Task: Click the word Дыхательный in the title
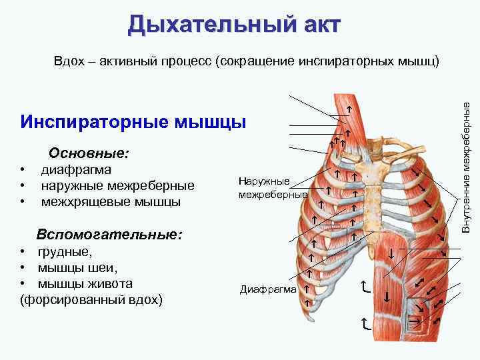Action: click(203, 24)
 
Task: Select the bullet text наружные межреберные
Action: click(118, 185)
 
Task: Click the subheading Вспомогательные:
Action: click(110, 235)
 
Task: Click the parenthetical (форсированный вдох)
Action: click(92, 300)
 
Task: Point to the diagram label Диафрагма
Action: click(267, 290)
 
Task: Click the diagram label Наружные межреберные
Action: click(263, 188)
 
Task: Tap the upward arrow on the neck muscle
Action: click(348, 108)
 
